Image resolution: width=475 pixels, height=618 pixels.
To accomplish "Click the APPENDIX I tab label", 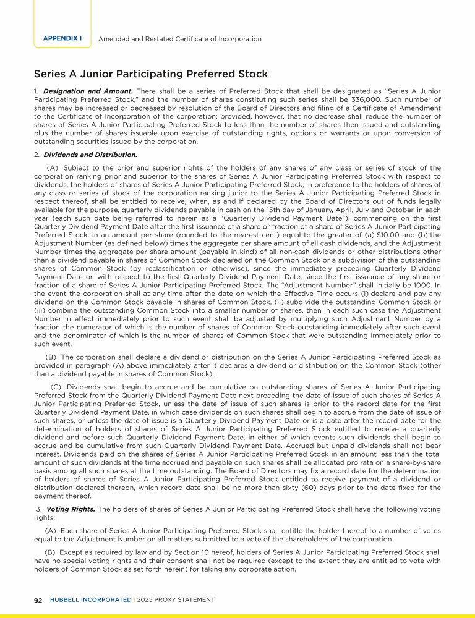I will click(x=62, y=38).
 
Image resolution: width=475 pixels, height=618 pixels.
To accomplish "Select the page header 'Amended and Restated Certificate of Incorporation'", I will click(x=180, y=39).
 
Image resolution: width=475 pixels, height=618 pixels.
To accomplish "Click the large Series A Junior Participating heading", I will click(x=151, y=74).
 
